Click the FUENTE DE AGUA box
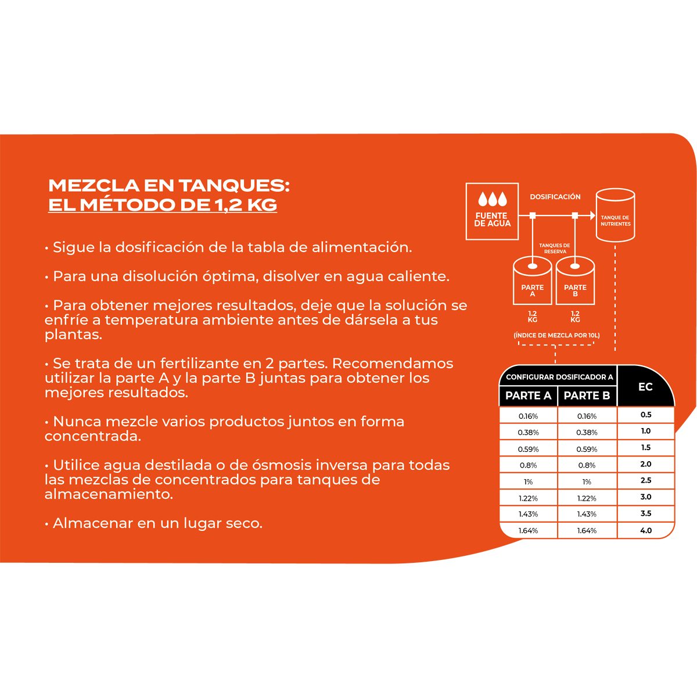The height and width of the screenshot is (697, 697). click(x=492, y=211)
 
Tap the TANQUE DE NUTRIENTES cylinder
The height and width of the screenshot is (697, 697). click(x=615, y=215)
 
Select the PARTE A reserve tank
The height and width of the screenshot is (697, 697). click(x=532, y=281)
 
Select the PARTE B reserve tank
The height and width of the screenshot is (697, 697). click(x=575, y=281)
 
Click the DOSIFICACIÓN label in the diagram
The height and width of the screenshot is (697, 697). click(x=555, y=197)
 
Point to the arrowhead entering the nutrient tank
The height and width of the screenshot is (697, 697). click(x=592, y=215)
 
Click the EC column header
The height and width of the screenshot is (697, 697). click(x=645, y=387)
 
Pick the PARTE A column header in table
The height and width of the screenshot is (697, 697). click(x=528, y=396)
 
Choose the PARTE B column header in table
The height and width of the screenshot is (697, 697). click(x=587, y=396)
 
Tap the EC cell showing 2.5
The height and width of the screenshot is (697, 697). click(x=646, y=480)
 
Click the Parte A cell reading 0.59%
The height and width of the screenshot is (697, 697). click(x=528, y=449)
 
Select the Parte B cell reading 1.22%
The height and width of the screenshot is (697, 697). click(x=587, y=498)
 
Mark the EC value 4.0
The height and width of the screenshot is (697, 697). click(x=646, y=531)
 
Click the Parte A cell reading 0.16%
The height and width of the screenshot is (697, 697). click(x=528, y=416)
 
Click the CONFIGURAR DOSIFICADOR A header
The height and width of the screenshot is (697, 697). click(x=559, y=377)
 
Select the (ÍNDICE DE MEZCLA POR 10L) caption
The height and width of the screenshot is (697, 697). click(x=556, y=335)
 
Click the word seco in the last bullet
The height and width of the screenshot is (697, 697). click(x=244, y=523)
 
